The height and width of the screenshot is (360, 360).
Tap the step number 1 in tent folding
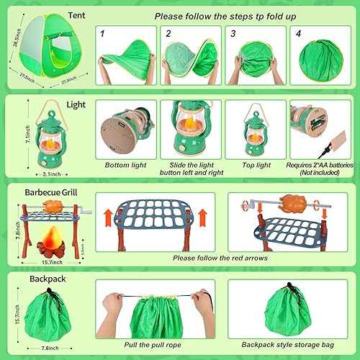click(x=103, y=33)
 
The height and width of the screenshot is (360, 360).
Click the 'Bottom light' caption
click(x=125, y=166)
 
